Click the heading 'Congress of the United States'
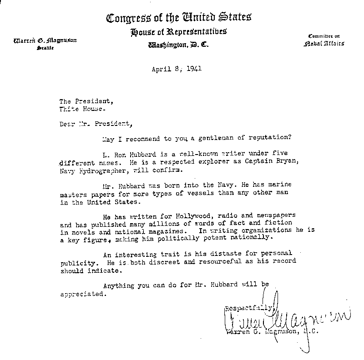pos(178,18)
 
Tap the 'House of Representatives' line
pos(178,32)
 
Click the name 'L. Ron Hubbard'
pos(126,154)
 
